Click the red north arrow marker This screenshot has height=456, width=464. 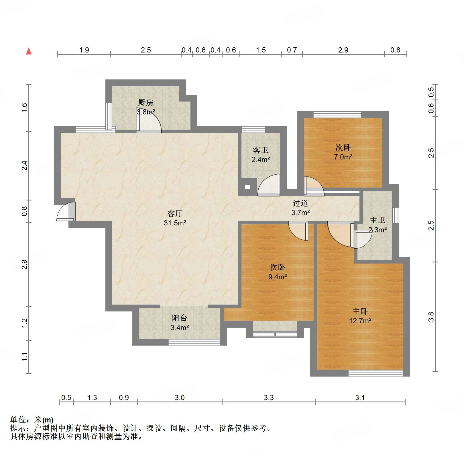(x=29, y=51)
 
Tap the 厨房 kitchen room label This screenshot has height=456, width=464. (x=146, y=102)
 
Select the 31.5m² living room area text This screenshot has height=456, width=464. (x=175, y=223)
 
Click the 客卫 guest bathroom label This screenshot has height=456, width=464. (x=261, y=150)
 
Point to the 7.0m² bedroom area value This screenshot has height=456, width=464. (x=343, y=157)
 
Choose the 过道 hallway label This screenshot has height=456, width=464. (x=300, y=203)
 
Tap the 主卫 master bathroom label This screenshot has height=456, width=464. (x=378, y=220)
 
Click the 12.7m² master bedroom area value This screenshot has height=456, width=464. (x=360, y=321)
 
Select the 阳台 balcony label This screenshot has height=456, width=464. (x=180, y=318)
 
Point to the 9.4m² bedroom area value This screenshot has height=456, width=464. (x=278, y=277)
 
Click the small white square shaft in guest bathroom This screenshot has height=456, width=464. (x=247, y=187)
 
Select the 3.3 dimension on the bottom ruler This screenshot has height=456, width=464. (x=269, y=397)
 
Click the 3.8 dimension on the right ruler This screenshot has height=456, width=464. (x=431, y=317)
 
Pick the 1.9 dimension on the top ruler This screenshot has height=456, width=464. (x=84, y=50)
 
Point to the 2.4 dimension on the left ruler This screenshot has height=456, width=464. (x=24, y=166)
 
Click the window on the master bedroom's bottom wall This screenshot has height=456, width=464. (x=375, y=373)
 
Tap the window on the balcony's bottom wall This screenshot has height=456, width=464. (x=194, y=342)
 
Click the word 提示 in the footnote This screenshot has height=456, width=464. (x=18, y=428)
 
